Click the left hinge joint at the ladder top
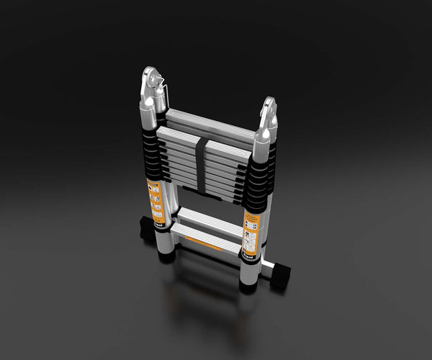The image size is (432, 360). [154, 88]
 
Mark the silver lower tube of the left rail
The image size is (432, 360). [164, 241]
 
